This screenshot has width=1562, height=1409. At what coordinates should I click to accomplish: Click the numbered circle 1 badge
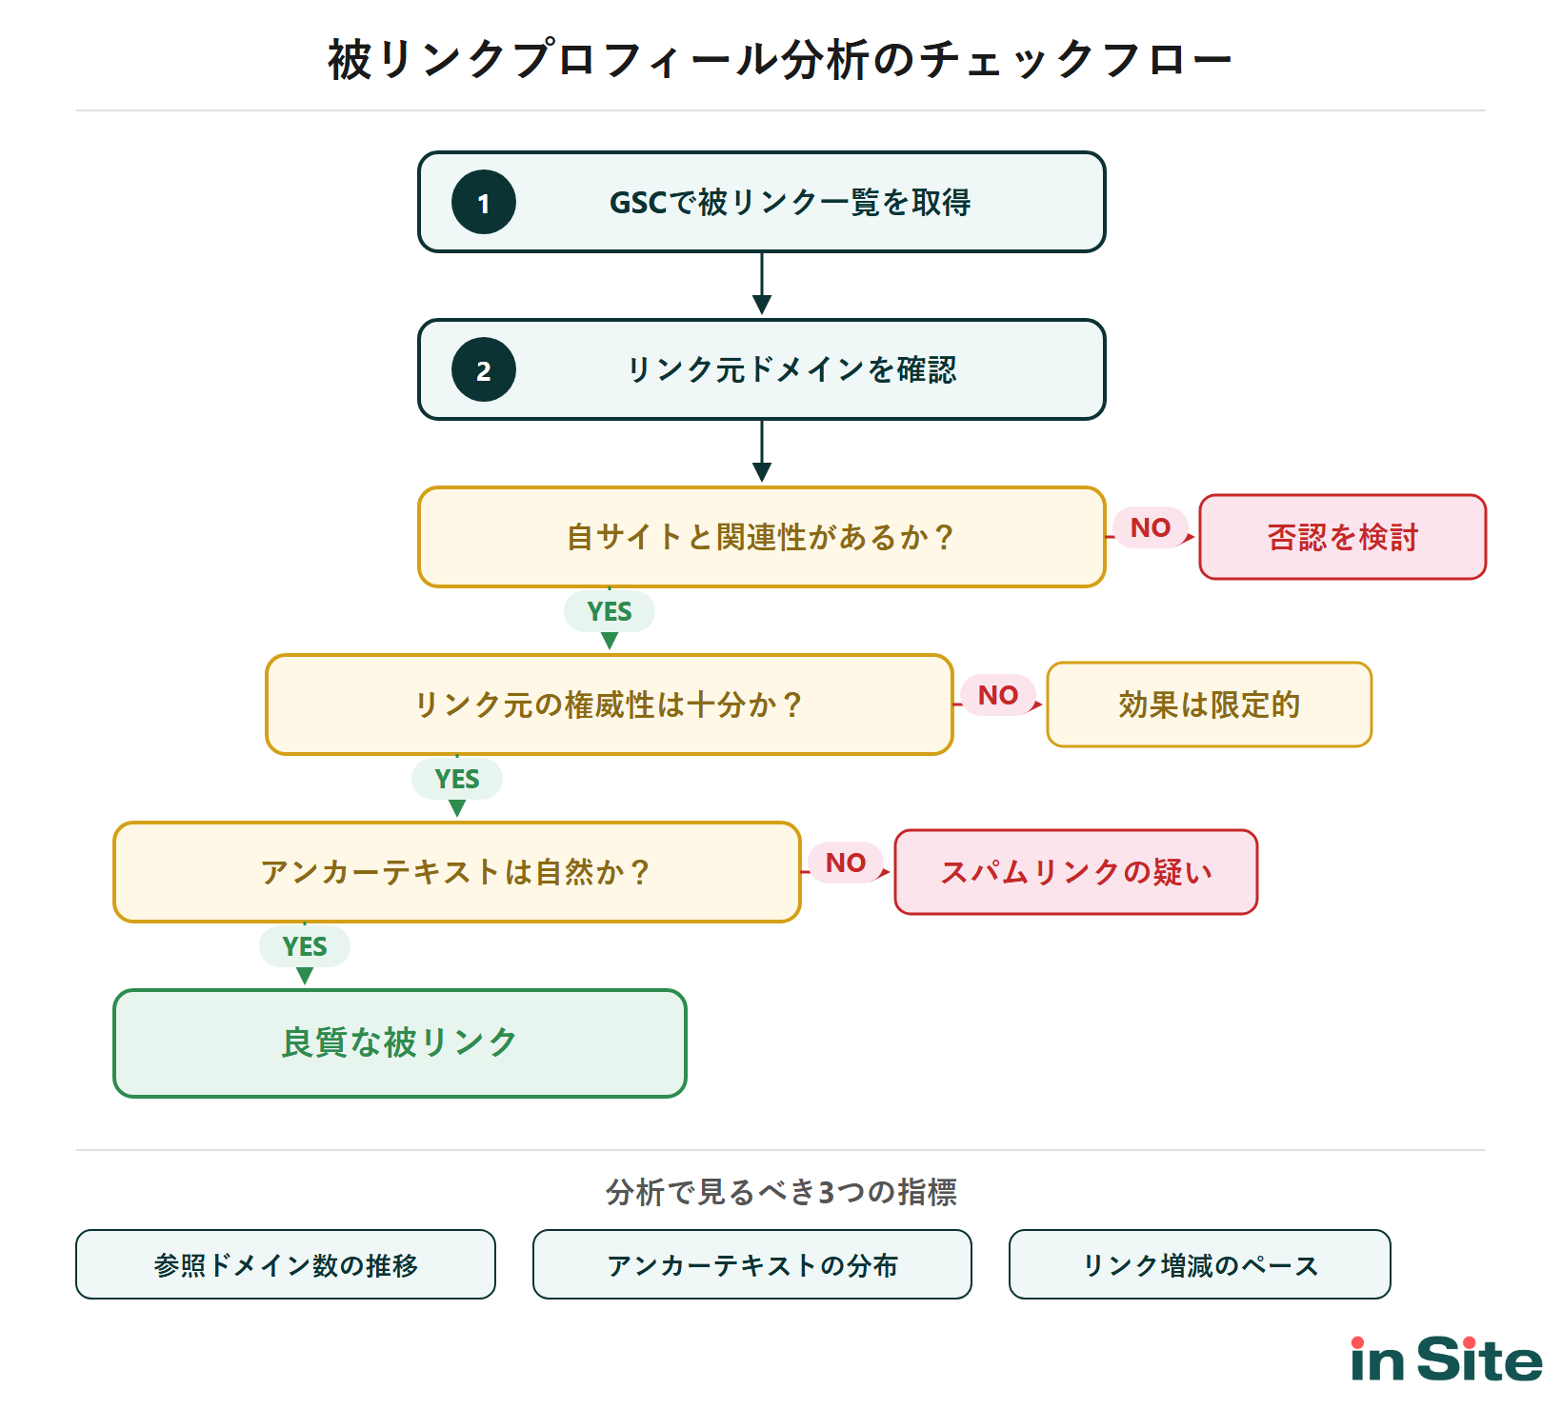point(484,203)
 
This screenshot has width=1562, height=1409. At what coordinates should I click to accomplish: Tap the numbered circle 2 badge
point(484,370)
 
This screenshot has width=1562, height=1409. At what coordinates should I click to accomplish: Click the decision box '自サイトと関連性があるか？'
point(761,537)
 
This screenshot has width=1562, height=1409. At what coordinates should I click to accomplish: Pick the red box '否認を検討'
point(1342,537)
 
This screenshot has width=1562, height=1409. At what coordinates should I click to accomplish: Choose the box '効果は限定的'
point(1209,704)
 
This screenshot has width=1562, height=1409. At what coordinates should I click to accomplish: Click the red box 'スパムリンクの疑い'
point(1075,872)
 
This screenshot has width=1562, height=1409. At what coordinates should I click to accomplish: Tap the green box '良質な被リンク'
point(399,1043)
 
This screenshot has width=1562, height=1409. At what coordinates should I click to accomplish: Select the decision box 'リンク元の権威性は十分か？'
point(609,704)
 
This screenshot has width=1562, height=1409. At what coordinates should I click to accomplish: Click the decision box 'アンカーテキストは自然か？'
point(456,872)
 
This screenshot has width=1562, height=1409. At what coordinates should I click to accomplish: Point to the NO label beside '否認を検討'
point(1151,527)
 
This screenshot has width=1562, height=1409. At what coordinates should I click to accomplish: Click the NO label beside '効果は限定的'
point(998,695)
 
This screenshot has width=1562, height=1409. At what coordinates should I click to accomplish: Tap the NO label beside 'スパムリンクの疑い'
point(846,863)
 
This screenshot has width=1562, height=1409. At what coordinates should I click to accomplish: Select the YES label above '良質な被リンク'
point(305,946)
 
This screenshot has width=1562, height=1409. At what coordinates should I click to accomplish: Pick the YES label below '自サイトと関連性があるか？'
point(610,611)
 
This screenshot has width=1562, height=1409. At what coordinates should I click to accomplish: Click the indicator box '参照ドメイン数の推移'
point(286,1264)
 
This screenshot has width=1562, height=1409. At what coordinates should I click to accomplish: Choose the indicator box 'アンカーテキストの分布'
point(752,1264)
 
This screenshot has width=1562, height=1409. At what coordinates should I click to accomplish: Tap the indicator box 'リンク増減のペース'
point(1200,1264)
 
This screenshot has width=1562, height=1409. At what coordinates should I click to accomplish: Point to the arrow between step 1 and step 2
point(762,284)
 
